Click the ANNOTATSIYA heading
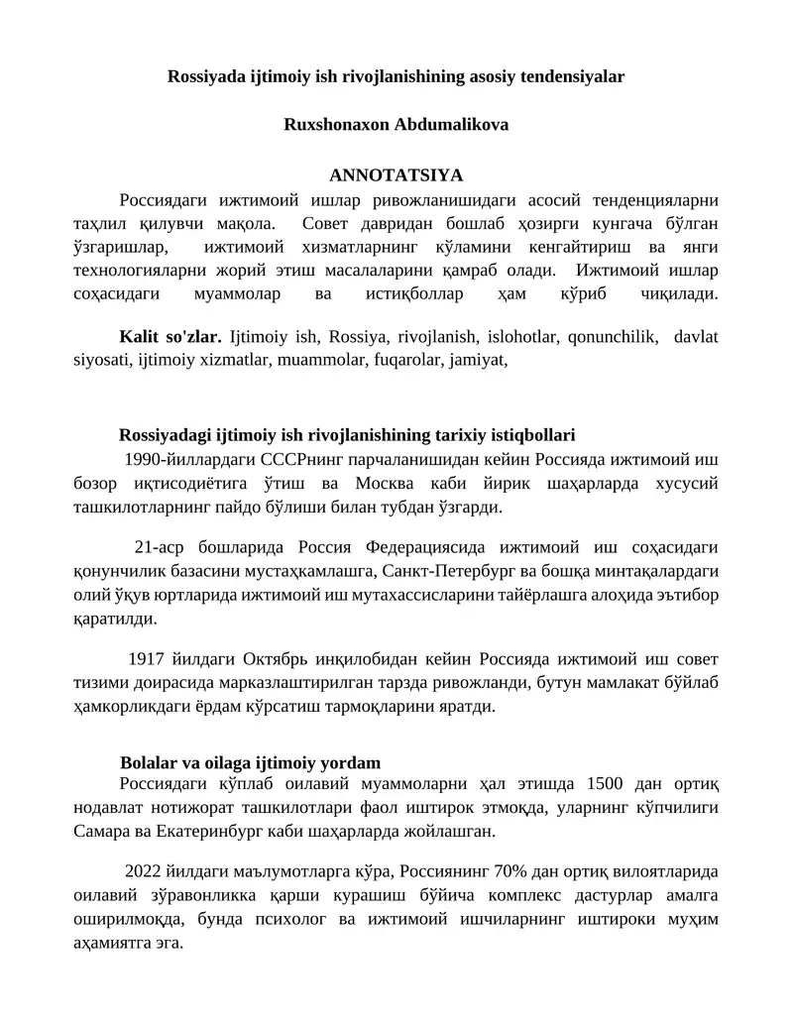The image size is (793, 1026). click(396, 175)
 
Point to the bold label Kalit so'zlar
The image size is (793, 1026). click(170, 336)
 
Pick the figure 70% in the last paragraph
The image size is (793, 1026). click(534, 872)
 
